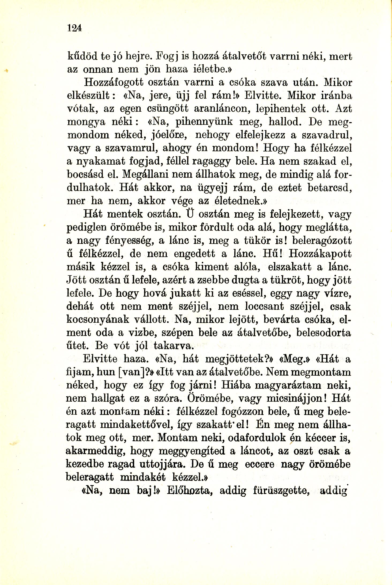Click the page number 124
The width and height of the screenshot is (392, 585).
point(74,28)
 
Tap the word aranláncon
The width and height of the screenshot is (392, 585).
point(222,109)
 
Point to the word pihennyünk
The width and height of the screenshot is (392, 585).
point(204,122)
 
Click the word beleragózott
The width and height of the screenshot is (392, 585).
point(322,240)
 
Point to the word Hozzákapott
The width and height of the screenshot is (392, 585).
point(320,254)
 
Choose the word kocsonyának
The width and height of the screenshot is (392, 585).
point(98,320)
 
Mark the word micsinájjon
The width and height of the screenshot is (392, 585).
point(297,399)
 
